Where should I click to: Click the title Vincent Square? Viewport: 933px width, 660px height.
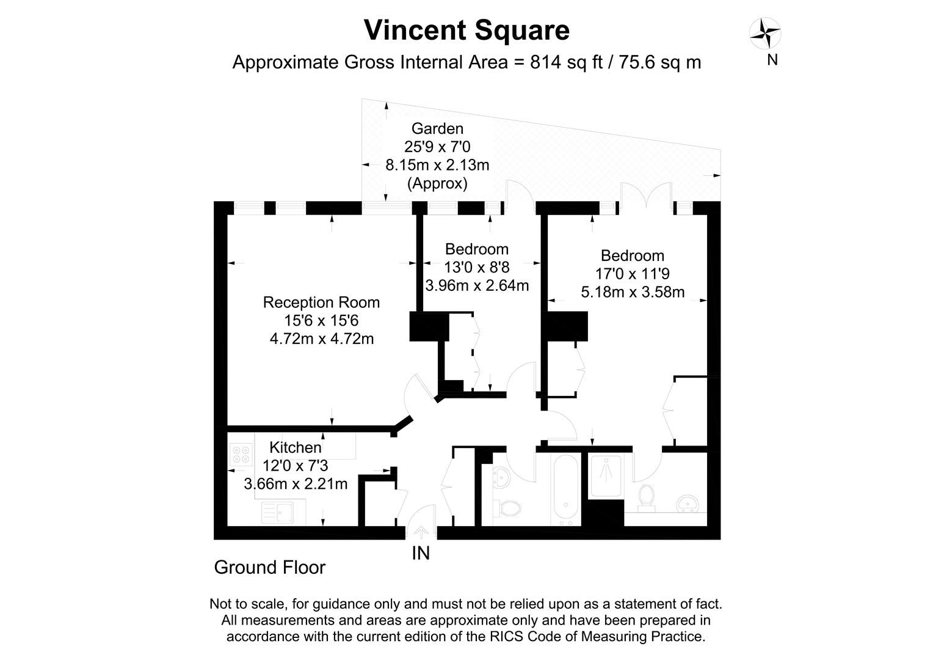pyautogui.click(x=466, y=31)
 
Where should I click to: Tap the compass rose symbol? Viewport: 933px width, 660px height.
pyautogui.click(x=765, y=34)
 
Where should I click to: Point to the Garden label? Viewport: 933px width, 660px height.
pyautogui.click(x=437, y=128)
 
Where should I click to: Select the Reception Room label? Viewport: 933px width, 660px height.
pyautogui.click(x=321, y=302)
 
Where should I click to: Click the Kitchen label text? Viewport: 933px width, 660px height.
pyautogui.click(x=295, y=447)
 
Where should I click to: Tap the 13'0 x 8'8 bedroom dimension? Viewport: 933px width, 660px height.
pyautogui.click(x=476, y=267)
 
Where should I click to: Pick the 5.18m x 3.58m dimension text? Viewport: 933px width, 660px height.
pyautogui.click(x=632, y=292)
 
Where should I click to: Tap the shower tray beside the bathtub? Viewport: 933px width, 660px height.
pyautogui.click(x=606, y=475)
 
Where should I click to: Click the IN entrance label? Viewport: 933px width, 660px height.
pyautogui.click(x=421, y=553)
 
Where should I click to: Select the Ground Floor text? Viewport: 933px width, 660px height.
pyautogui.click(x=269, y=568)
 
